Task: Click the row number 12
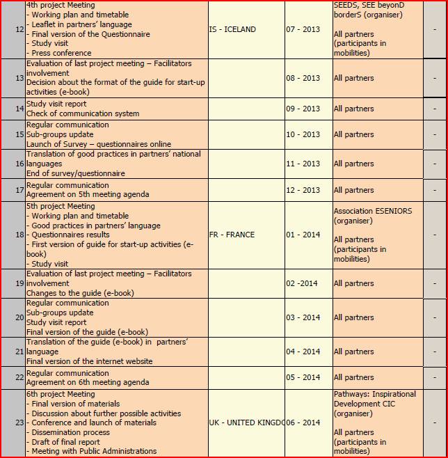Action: (19, 29)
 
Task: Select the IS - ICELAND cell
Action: (232, 29)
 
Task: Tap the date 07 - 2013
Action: (303, 29)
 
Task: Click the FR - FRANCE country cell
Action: (232, 235)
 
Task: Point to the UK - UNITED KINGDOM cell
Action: (246, 423)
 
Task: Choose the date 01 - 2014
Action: (303, 235)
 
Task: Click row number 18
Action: (19, 235)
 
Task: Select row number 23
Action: (19, 423)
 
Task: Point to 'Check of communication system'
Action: (83, 113)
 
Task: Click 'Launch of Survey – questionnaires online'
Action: (98, 144)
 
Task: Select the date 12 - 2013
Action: (303, 190)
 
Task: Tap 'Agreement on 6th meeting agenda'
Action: (88, 382)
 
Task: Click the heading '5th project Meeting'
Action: (61, 206)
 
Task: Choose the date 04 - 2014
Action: (303, 352)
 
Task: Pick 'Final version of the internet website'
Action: (89, 361)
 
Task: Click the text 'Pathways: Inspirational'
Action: (374, 394)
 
